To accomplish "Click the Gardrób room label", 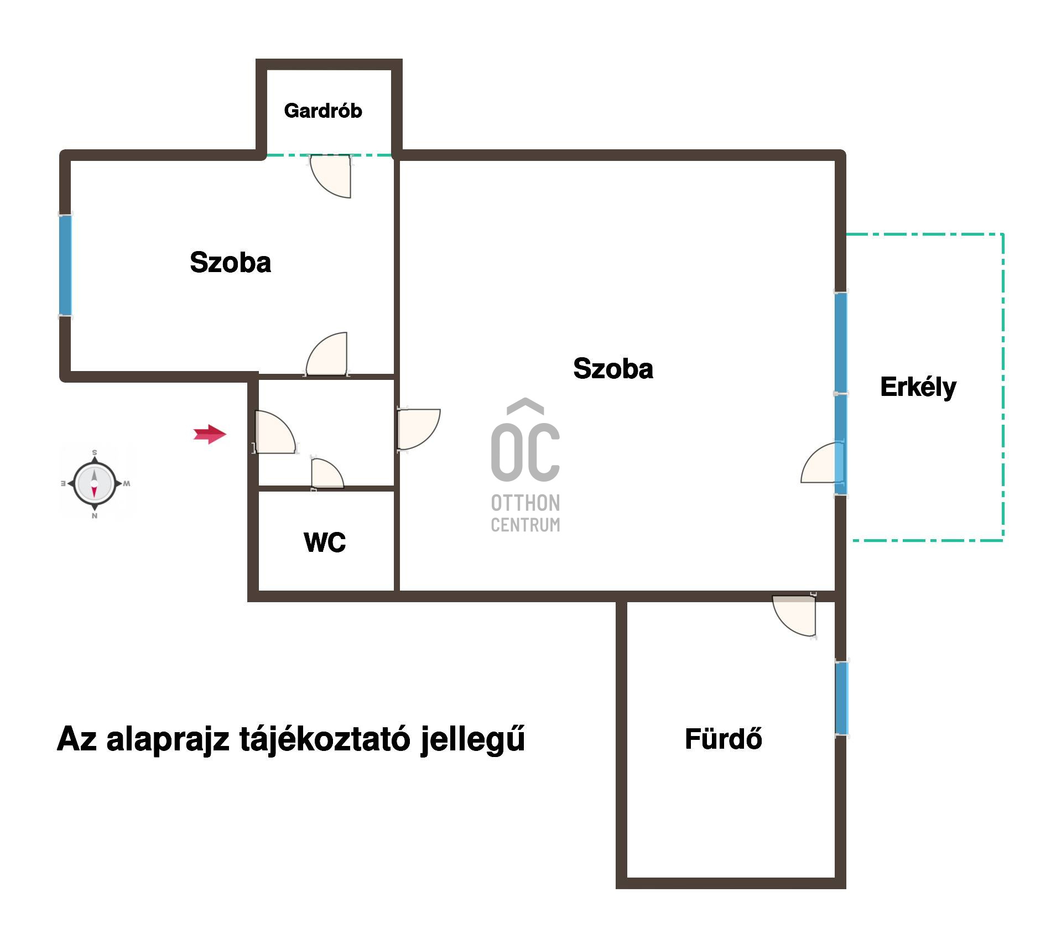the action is point(323,111).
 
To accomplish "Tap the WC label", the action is point(325,542).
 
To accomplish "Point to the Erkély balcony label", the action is point(918,388).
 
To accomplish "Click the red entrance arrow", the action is point(210,434).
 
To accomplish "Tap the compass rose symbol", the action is point(95,484).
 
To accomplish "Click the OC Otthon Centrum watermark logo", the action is point(525,465).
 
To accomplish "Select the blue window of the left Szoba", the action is point(65,265).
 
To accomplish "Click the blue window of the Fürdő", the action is point(841,698).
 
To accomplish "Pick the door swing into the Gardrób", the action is point(330,176).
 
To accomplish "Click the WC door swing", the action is point(327,474).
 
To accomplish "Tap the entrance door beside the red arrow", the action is point(274,432).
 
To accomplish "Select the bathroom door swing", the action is point(794,615).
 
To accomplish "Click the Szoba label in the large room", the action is point(613,368).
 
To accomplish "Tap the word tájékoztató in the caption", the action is point(325,739).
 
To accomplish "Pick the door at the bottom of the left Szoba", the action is point(326,354).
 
